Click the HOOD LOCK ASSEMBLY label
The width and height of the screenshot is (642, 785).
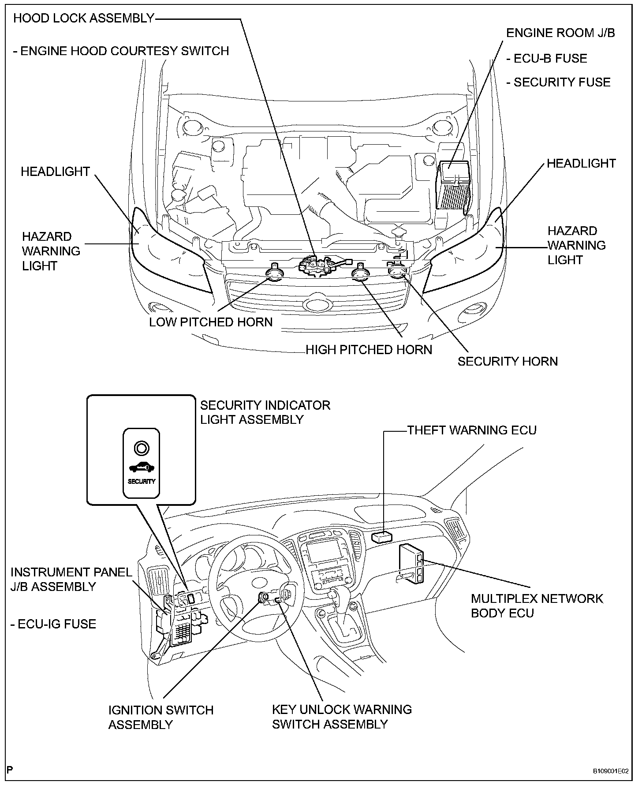pyautogui.click(x=84, y=19)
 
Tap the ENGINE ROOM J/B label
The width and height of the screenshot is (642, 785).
pyautogui.click(x=560, y=33)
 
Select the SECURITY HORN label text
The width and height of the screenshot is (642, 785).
pyautogui.click(x=508, y=362)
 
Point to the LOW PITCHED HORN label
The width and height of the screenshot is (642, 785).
pyautogui.click(x=211, y=322)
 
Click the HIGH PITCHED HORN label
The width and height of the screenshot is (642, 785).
pyautogui.click(x=369, y=350)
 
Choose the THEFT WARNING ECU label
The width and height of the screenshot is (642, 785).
pyautogui.click(x=472, y=430)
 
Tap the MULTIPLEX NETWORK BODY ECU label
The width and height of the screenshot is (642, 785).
pyautogui.click(x=537, y=606)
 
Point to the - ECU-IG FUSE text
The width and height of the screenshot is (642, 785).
pyautogui.click(x=53, y=624)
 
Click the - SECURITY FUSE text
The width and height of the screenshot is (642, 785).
pyautogui.click(x=558, y=82)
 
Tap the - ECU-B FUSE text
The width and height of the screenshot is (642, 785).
pyautogui.click(x=547, y=59)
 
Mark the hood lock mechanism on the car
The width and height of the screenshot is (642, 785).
pyautogui.click(x=317, y=265)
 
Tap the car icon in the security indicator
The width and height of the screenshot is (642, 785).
pyautogui.click(x=141, y=467)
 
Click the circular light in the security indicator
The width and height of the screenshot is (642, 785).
pyautogui.click(x=141, y=448)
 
